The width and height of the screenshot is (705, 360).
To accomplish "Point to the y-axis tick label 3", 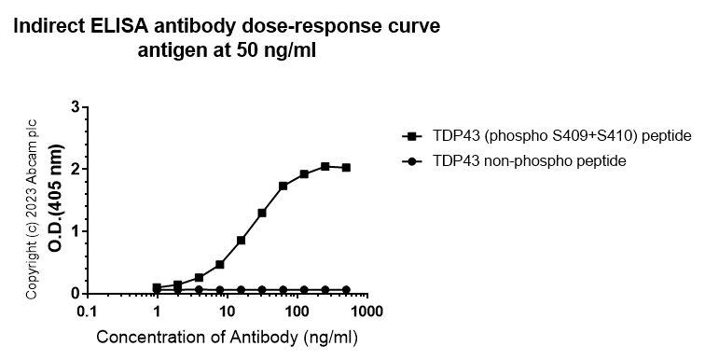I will pos(75,107).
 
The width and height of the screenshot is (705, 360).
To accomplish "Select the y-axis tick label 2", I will pos(75,169).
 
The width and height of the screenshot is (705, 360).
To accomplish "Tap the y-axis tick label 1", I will pos(75,231).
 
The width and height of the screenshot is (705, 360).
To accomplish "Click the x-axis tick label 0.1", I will pos(87,311).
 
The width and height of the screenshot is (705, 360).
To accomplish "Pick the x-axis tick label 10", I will pos(227,311).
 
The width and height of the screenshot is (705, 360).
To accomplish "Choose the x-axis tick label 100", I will pos(297,311).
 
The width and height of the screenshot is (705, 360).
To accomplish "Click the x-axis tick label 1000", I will pos(366,311).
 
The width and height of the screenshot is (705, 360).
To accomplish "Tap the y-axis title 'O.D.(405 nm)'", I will pos(55,201).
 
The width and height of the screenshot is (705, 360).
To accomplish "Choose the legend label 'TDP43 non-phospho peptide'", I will pos(528,161).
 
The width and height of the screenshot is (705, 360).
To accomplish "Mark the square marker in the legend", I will pos(410,135).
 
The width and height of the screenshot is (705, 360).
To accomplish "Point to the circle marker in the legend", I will pos(410,161).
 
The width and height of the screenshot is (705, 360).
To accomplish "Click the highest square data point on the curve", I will pos(325,166).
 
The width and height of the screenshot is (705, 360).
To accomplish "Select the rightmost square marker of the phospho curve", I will pos(346,168).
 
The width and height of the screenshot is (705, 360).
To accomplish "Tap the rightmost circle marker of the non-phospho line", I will pos(346,290).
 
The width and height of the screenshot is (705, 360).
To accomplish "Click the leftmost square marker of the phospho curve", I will pos(157,287).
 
